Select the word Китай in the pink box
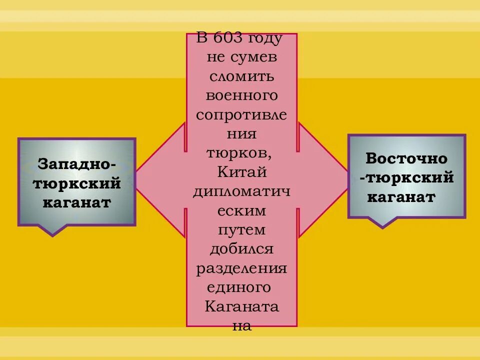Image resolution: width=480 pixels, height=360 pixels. (x=241, y=172)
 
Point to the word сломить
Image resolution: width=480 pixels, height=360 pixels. (x=241, y=76)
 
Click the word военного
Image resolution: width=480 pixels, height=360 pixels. (x=241, y=95)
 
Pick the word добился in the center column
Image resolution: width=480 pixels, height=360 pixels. (x=241, y=249)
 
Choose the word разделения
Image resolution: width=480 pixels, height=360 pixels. (x=241, y=268)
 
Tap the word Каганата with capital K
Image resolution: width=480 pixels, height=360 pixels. (x=241, y=306)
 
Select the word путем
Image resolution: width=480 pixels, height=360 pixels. (x=241, y=230)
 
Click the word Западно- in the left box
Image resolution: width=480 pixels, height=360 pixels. (x=77, y=164)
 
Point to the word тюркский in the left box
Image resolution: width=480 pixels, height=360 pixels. (x=77, y=183)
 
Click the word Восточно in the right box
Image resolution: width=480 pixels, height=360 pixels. (x=406, y=158)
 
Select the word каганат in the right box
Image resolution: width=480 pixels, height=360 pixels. (x=401, y=196)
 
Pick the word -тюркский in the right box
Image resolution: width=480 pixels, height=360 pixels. (x=406, y=177)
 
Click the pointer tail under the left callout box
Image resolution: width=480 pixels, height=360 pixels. (x=51, y=229)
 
